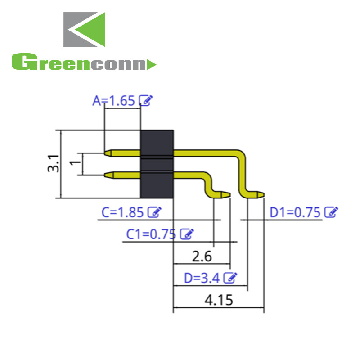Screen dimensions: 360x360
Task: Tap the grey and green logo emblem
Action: [x=84, y=29]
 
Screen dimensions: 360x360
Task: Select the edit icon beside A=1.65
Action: [x=145, y=100]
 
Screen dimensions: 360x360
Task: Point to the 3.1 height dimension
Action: [x=54, y=164]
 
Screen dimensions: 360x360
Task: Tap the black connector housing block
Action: [x=157, y=164]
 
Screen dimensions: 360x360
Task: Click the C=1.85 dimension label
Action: [x=123, y=212]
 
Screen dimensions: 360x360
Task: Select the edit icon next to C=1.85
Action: [x=155, y=211]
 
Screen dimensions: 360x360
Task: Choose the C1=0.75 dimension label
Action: [x=151, y=234]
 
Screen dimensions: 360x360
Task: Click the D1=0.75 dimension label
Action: [x=295, y=212]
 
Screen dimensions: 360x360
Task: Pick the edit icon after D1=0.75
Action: [x=331, y=211]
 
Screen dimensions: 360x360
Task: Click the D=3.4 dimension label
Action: [x=202, y=278]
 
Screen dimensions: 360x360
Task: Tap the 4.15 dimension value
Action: [x=219, y=300]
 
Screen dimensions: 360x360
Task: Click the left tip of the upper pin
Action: [x=107, y=153]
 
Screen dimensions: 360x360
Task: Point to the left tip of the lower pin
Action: [x=107, y=174]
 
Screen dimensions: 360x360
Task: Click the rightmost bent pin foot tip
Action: [x=261, y=195]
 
